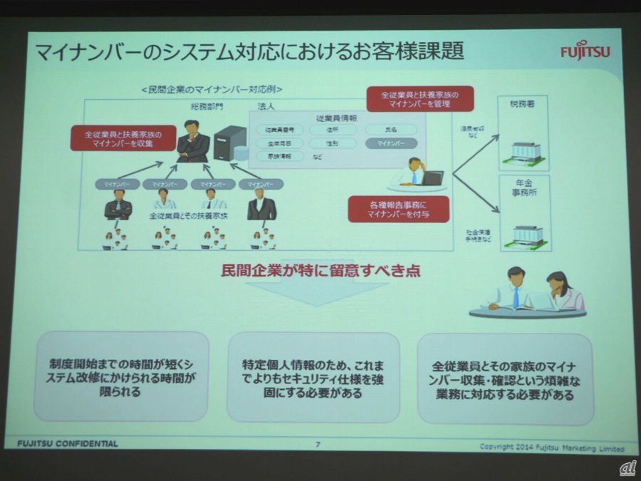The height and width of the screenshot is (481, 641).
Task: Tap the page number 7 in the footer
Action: [318, 443]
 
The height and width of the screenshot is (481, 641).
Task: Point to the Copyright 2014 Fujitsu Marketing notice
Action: [552, 448]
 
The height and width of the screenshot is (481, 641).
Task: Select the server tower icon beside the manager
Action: [227, 143]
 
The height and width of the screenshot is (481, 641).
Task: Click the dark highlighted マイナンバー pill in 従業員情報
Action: [391, 143]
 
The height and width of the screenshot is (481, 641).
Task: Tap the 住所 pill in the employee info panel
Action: [333, 130]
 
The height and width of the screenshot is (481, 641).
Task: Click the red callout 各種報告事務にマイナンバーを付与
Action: [389, 208]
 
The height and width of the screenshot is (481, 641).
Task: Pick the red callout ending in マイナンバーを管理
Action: [419, 98]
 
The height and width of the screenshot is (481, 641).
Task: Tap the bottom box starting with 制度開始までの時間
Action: [121, 376]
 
